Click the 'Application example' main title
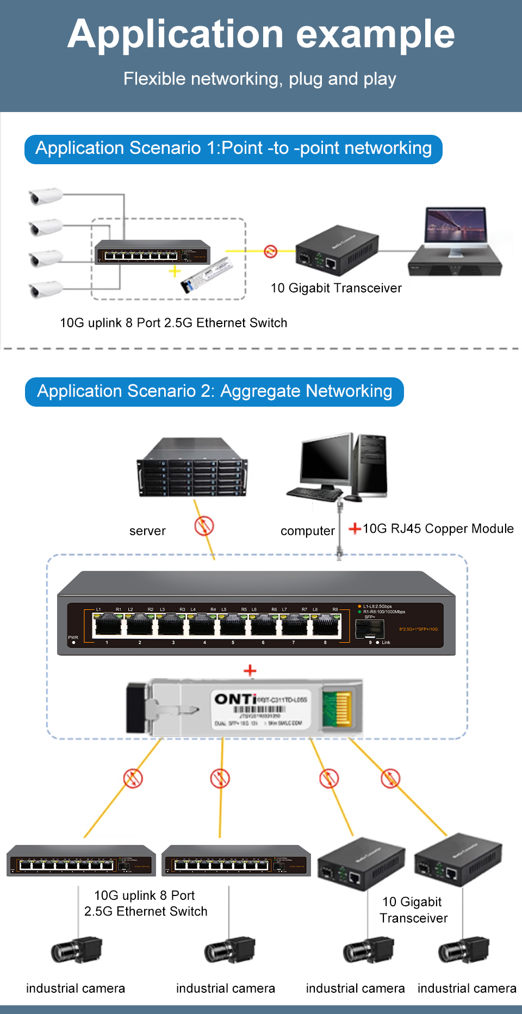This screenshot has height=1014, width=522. pos(261,34)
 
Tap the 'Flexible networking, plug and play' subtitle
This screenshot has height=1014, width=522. pos(260,79)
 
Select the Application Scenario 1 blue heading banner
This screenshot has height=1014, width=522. pos(233,148)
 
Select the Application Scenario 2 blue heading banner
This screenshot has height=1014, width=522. pos(214,391)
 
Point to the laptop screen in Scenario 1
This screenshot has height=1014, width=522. pos(455,227)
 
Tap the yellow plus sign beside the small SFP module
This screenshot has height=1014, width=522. pos(175,271)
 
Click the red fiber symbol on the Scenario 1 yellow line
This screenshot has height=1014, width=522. pos(271,251)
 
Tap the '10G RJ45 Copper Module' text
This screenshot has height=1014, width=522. pos(438,528)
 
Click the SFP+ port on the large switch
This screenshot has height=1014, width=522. pos(370,629)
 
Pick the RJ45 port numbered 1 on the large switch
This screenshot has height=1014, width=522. pos(107,626)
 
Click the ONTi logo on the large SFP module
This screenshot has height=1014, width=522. pos(235,699)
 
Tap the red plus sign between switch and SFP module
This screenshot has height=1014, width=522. pos(250,670)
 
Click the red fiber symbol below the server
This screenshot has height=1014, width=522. pos(204,526)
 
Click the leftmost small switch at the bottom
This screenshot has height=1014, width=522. pos(81,861)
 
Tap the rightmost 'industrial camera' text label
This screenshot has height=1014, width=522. pos(467,988)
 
